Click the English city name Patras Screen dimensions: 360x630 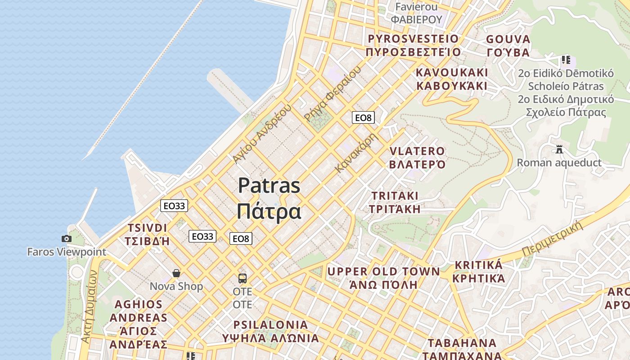tap(269, 185)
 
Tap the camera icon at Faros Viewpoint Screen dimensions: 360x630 tap(67, 238)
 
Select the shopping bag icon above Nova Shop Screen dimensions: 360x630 tap(176, 273)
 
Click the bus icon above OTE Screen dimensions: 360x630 tap(242, 278)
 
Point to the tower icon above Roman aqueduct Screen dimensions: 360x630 tap(559, 149)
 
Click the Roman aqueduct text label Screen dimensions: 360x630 tap(559, 162)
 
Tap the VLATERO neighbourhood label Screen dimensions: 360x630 tap(417, 151)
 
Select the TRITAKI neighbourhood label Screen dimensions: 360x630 tap(395, 196)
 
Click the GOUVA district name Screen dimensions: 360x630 tap(508, 39)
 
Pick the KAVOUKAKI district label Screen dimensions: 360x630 tap(452, 72)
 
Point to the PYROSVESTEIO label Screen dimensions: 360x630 tap(413, 39)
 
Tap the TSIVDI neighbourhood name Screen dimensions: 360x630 tap(147, 228)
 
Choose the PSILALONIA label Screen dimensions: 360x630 tap(270, 325)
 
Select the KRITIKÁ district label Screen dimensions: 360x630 tap(478, 265)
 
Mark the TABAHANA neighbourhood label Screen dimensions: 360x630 tap(462, 343)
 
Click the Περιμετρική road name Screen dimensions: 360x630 tap(553, 238)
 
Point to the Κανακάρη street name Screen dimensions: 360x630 tap(355, 153)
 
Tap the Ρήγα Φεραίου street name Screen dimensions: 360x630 tap(333, 94)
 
